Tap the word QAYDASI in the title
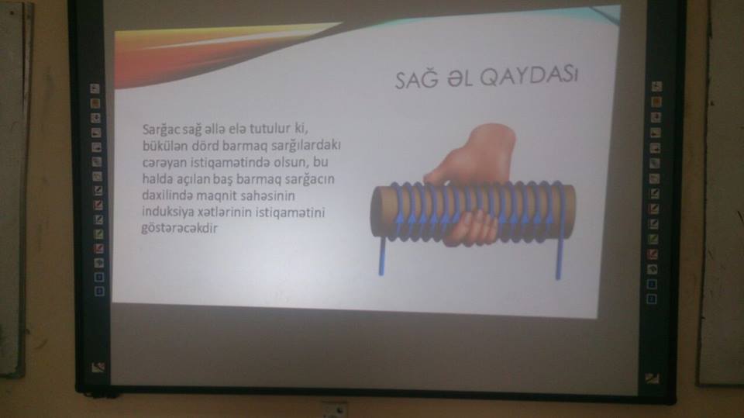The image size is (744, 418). (529, 77)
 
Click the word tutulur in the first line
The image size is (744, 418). (270, 128)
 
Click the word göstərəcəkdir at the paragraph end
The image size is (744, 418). (179, 229)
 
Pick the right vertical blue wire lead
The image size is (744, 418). (559, 256)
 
